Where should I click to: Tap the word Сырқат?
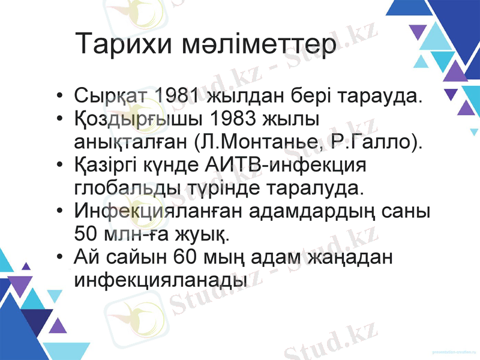[112, 95]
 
